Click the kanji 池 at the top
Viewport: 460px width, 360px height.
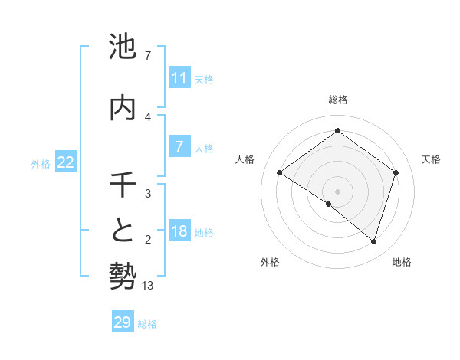pyautogui.click(x=123, y=47)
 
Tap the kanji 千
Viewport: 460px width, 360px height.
pyautogui.click(x=123, y=185)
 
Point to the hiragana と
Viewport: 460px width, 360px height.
pyautogui.click(x=123, y=231)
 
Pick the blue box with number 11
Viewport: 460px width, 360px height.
pyautogui.click(x=179, y=78)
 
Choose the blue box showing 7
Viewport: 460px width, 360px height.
pyautogui.click(x=179, y=147)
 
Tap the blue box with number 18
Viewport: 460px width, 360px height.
pyautogui.click(x=179, y=231)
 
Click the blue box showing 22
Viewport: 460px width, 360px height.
pyautogui.click(x=66, y=162)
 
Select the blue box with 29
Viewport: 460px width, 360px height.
pyautogui.click(x=122, y=322)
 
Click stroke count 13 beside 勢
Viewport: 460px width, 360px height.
pyautogui.click(x=148, y=286)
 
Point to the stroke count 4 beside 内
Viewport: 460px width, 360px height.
pyautogui.click(x=148, y=116)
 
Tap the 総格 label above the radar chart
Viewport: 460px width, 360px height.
pyautogui.click(x=337, y=100)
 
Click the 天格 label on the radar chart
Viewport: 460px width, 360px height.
pyautogui.click(x=431, y=159)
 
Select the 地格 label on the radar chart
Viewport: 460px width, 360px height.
pyautogui.click(x=402, y=262)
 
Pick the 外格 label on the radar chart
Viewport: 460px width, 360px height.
pyautogui.click(x=270, y=262)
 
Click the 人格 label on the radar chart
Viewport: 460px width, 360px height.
pyautogui.click(x=245, y=159)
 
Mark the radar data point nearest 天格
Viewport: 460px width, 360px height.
pyautogui.click(x=396, y=172)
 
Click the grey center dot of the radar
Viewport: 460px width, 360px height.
pyautogui.click(x=337, y=191)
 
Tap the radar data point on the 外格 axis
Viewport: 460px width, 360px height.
pyautogui.click(x=329, y=204)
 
